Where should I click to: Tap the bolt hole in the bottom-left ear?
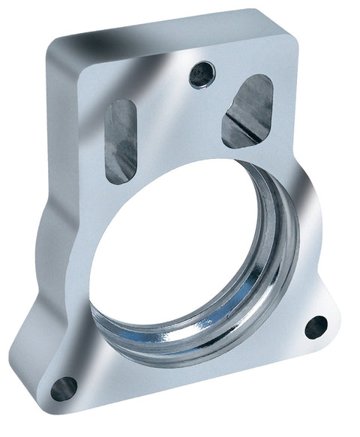(64, 388)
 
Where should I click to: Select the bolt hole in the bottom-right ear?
(316, 327)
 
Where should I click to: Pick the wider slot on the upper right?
(247, 111)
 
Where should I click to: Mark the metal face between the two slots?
(180, 127)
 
